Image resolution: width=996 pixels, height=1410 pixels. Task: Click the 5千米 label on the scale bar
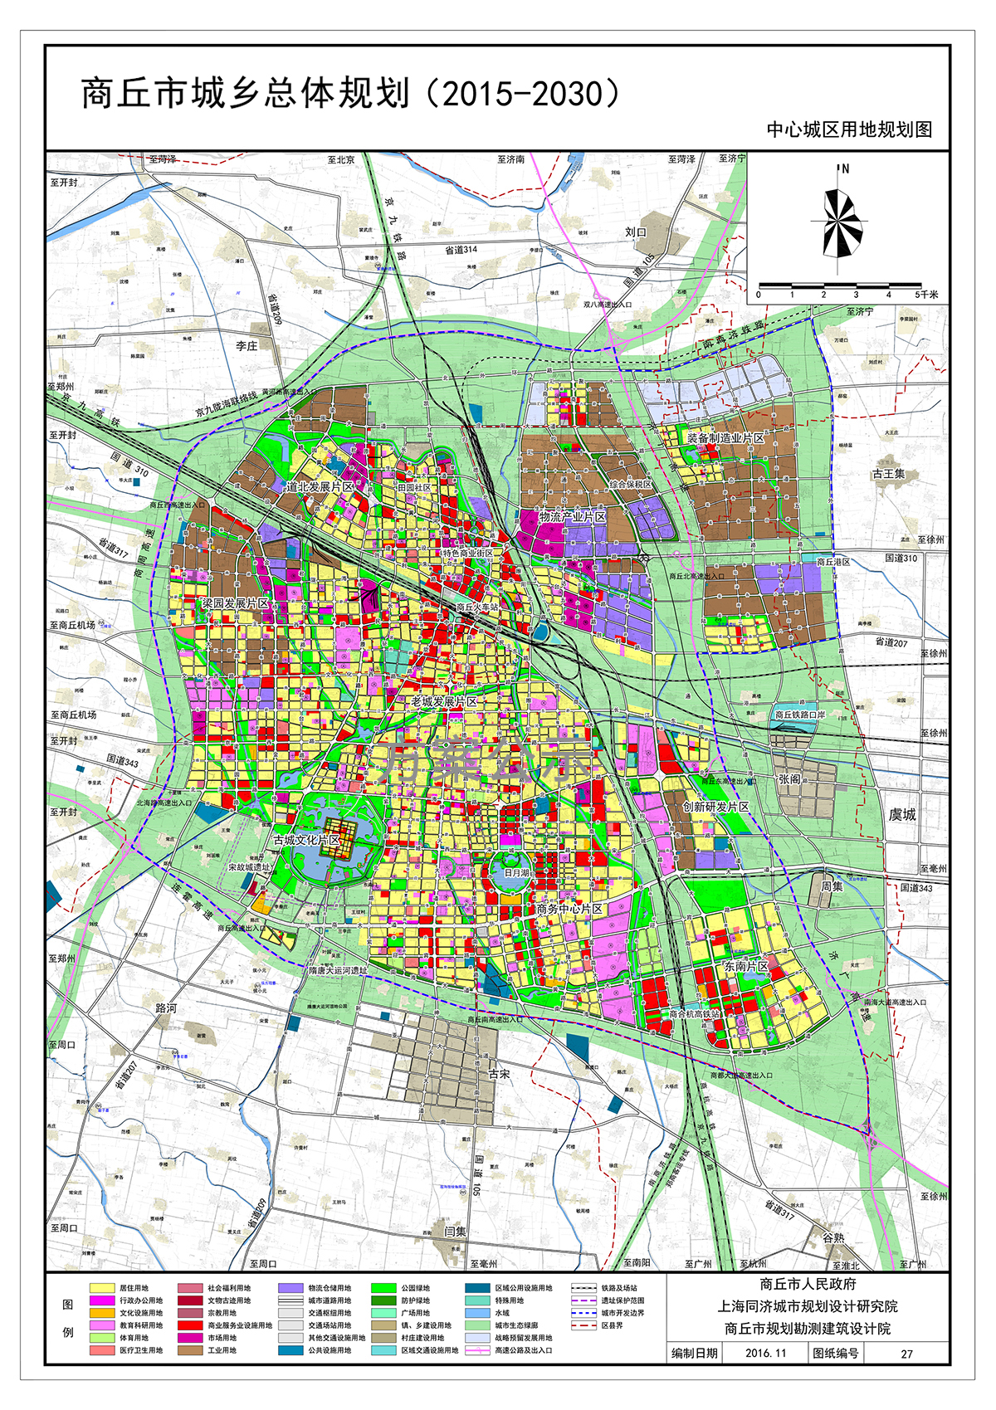pyautogui.click(x=926, y=295)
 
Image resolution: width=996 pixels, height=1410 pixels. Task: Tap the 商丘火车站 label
pyautogui.click(x=477, y=607)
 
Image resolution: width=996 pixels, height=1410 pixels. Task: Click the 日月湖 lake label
pyautogui.click(x=516, y=873)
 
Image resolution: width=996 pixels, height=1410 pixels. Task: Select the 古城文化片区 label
pyautogui.click(x=306, y=840)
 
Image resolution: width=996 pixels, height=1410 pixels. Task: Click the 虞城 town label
pyautogui.click(x=902, y=814)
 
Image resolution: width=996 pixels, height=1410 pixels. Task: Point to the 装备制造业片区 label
pyautogui.click(x=725, y=437)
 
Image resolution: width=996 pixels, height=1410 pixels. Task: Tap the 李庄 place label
pyautogui.click(x=247, y=346)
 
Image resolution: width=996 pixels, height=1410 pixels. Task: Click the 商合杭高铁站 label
pyautogui.click(x=695, y=1014)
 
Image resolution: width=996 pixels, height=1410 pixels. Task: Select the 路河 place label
pyautogui.click(x=166, y=1007)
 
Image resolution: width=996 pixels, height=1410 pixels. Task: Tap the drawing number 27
pyautogui.click(x=906, y=1354)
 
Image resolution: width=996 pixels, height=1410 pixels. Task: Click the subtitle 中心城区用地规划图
pyautogui.click(x=849, y=129)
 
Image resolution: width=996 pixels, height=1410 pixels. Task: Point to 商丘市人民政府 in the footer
pyautogui.click(x=808, y=1284)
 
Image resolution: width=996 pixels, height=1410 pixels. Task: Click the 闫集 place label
pyautogui.click(x=455, y=1232)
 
